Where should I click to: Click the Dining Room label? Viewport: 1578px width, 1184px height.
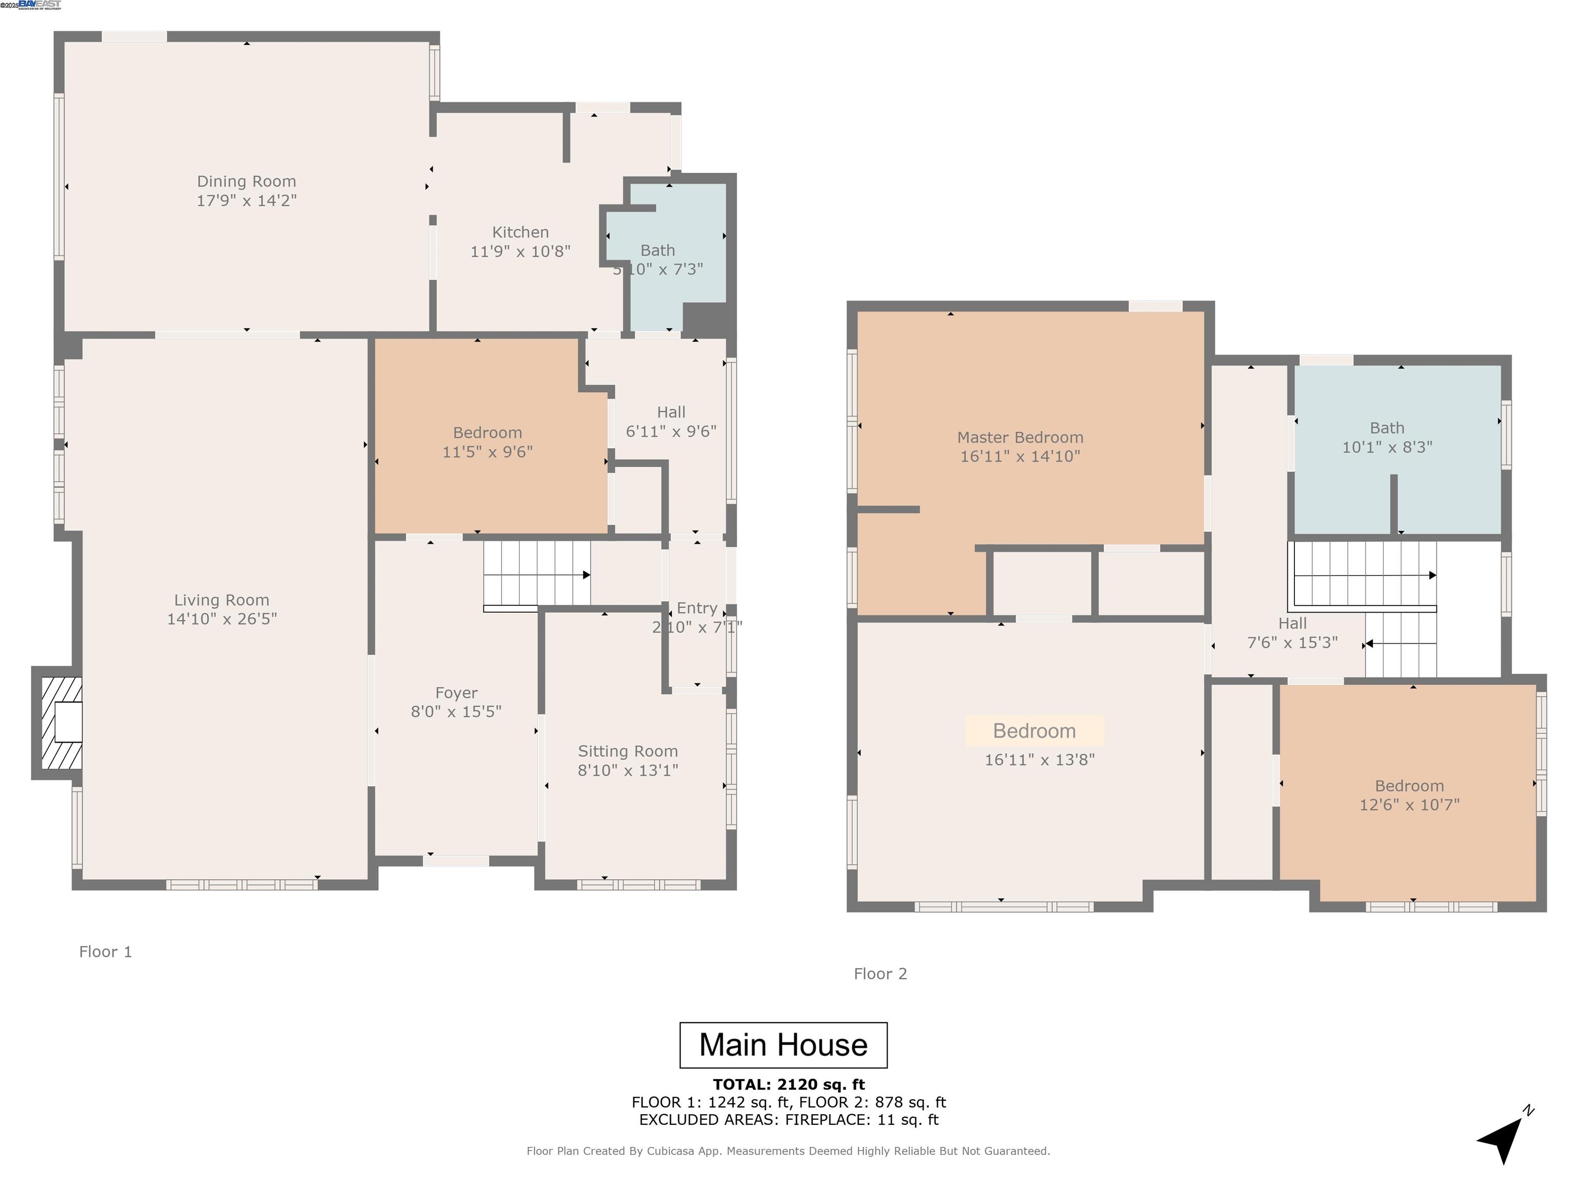coord(246,181)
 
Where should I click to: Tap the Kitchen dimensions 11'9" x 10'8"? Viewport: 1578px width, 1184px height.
coord(520,251)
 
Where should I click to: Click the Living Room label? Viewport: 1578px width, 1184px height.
coord(221,600)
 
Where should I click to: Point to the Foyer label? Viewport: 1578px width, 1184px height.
coord(456,693)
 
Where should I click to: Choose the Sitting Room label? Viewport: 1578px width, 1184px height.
coord(627,751)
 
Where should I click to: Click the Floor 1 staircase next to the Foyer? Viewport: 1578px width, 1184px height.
coord(535,574)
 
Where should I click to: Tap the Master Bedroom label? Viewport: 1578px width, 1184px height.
coord(1020,437)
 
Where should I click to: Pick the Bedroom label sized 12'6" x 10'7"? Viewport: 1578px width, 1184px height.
coord(1409,786)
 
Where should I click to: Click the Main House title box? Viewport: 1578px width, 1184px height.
coord(783,1045)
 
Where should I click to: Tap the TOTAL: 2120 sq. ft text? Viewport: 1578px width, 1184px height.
coord(788,1085)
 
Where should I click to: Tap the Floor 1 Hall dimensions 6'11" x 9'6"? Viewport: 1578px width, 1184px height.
coord(670,431)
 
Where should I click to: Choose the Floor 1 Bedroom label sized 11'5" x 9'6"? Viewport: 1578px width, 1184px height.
coord(487,433)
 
